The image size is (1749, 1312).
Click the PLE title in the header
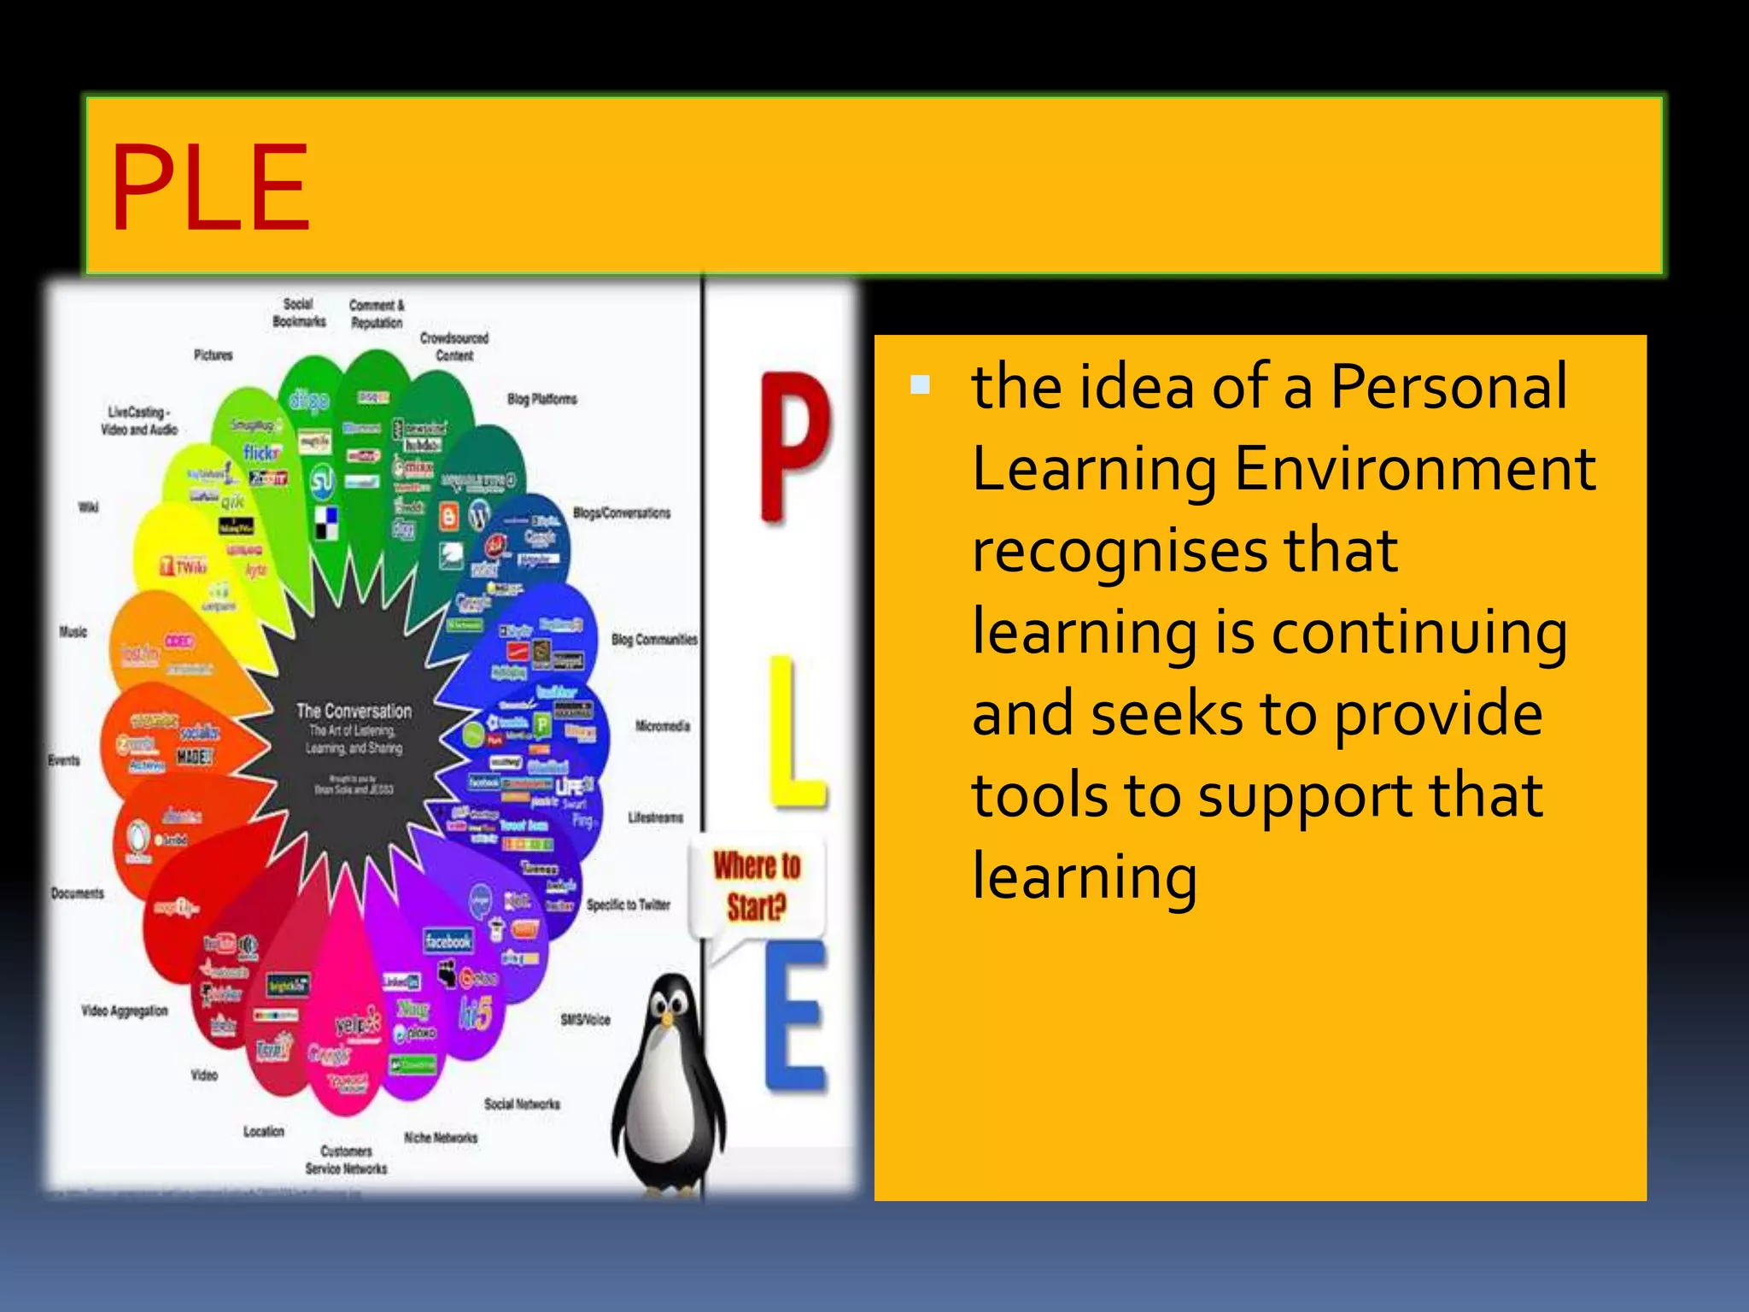210,188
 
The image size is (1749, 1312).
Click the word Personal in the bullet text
1448,386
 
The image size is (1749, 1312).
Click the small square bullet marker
920,384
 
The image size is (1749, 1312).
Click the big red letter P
793,444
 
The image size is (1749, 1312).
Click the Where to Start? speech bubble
757,887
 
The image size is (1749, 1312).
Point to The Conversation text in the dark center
354,711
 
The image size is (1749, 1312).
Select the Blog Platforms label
542,399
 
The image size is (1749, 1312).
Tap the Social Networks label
522,1104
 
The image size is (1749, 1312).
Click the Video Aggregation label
125,1010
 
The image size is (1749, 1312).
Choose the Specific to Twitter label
628,905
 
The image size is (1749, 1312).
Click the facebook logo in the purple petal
447,940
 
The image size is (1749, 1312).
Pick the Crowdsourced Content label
454,346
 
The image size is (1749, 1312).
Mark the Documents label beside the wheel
78,893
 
